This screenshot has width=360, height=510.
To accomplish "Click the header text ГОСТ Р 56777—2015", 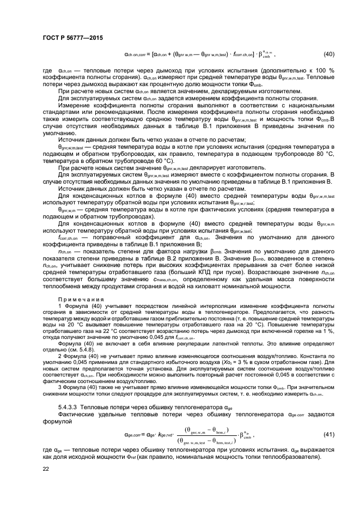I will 73,38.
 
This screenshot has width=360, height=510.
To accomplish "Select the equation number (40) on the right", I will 328,53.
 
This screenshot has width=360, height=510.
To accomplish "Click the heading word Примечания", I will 76,300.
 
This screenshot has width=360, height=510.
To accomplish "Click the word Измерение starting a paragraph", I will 76,105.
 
